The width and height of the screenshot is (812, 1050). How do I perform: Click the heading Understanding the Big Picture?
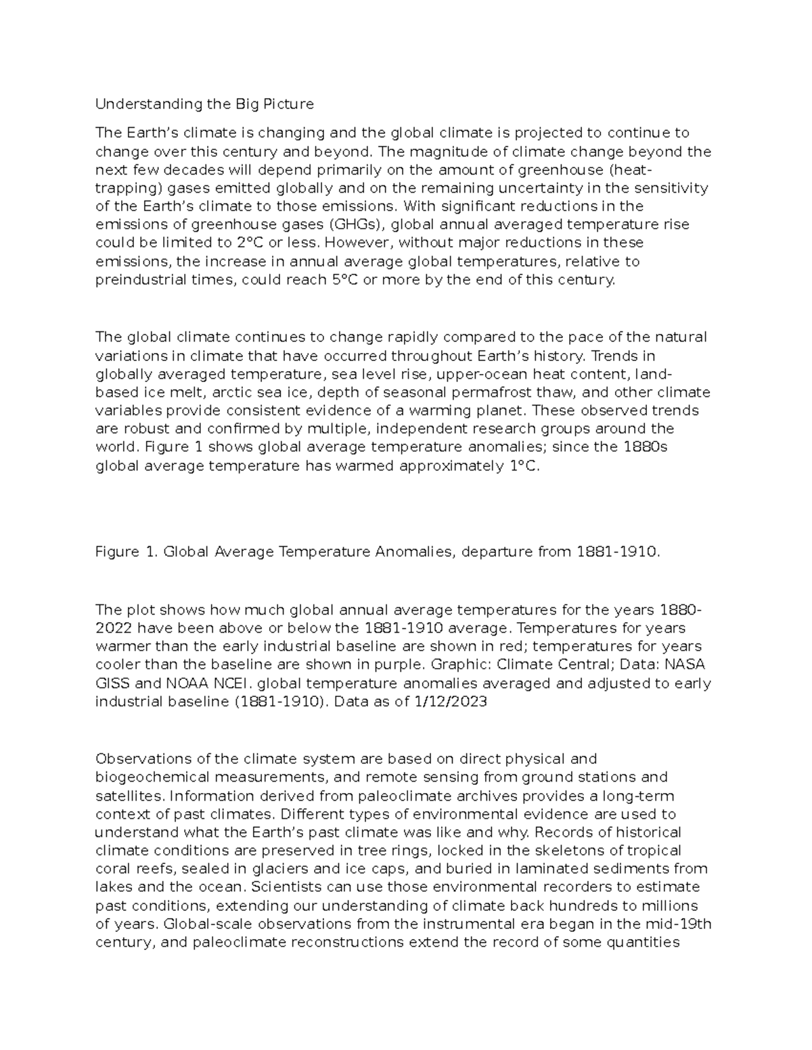[x=204, y=104]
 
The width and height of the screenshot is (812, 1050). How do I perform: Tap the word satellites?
[x=122, y=796]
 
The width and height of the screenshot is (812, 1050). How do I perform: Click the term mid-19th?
[x=677, y=924]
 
